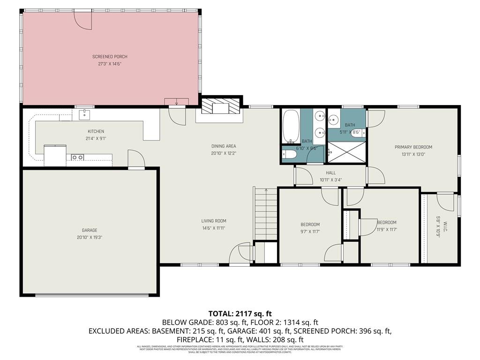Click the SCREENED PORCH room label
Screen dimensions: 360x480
pyautogui.click(x=110, y=57)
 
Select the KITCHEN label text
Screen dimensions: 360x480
pyautogui.click(x=96, y=131)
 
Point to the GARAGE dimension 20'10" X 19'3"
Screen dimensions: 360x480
pyautogui.click(x=89, y=237)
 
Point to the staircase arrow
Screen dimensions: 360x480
pyautogui.click(x=266, y=191)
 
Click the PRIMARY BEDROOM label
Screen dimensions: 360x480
pyautogui.click(x=413, y=147)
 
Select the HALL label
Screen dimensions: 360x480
pyautogui.click(x=331, y=173)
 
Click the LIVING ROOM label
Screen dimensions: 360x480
pyautogui.click(x=214, y=221)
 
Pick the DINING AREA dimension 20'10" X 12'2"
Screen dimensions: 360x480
pyautogui.click(x=224, y=153)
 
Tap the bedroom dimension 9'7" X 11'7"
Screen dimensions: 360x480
pyautogui.click(x=310, y=231)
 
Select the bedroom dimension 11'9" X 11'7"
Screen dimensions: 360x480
pyautogui.click(x=387, y=230)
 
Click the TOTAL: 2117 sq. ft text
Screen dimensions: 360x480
pyautogui.click(x=240, y=314)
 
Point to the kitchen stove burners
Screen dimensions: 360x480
pyautogui.click(x=77, y=157)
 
